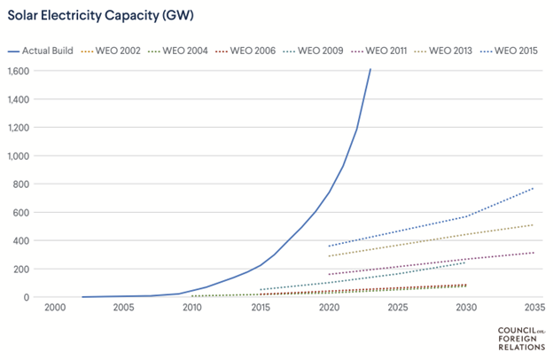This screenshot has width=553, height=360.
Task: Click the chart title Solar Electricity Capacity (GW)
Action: [96, 15]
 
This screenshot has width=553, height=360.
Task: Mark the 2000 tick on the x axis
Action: [54, 309]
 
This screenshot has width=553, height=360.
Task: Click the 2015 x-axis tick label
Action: [260, 309]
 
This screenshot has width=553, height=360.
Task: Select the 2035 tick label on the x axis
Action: [534, 309]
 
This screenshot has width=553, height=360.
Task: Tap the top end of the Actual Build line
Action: [370, 69]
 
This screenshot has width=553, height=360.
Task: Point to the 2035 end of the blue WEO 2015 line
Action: [534, 187]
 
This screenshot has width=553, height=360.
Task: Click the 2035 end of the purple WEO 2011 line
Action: [534, 253]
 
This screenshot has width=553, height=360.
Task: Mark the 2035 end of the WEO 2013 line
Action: [534, 224]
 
